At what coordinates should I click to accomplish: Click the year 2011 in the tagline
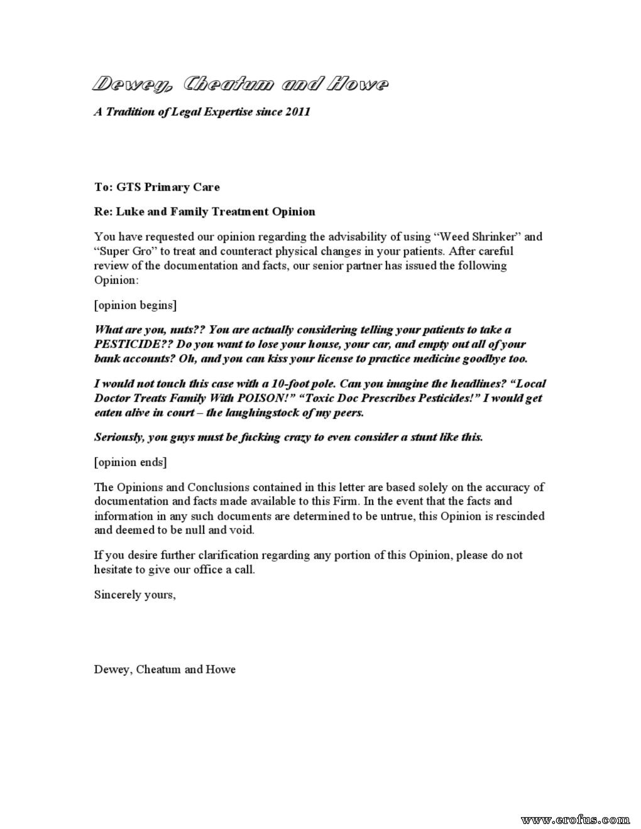[x=297, y=112]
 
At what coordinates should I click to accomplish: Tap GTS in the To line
[x=128, y=187]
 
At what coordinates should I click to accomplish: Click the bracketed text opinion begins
[x=135, y=305]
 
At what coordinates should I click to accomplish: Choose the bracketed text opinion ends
[x=130, y=462]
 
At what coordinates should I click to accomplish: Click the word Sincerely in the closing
[x=118, y=594]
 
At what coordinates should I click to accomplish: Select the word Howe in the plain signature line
[x=221, y=669]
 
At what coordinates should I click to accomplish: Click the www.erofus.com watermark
[x=576, y=819]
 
